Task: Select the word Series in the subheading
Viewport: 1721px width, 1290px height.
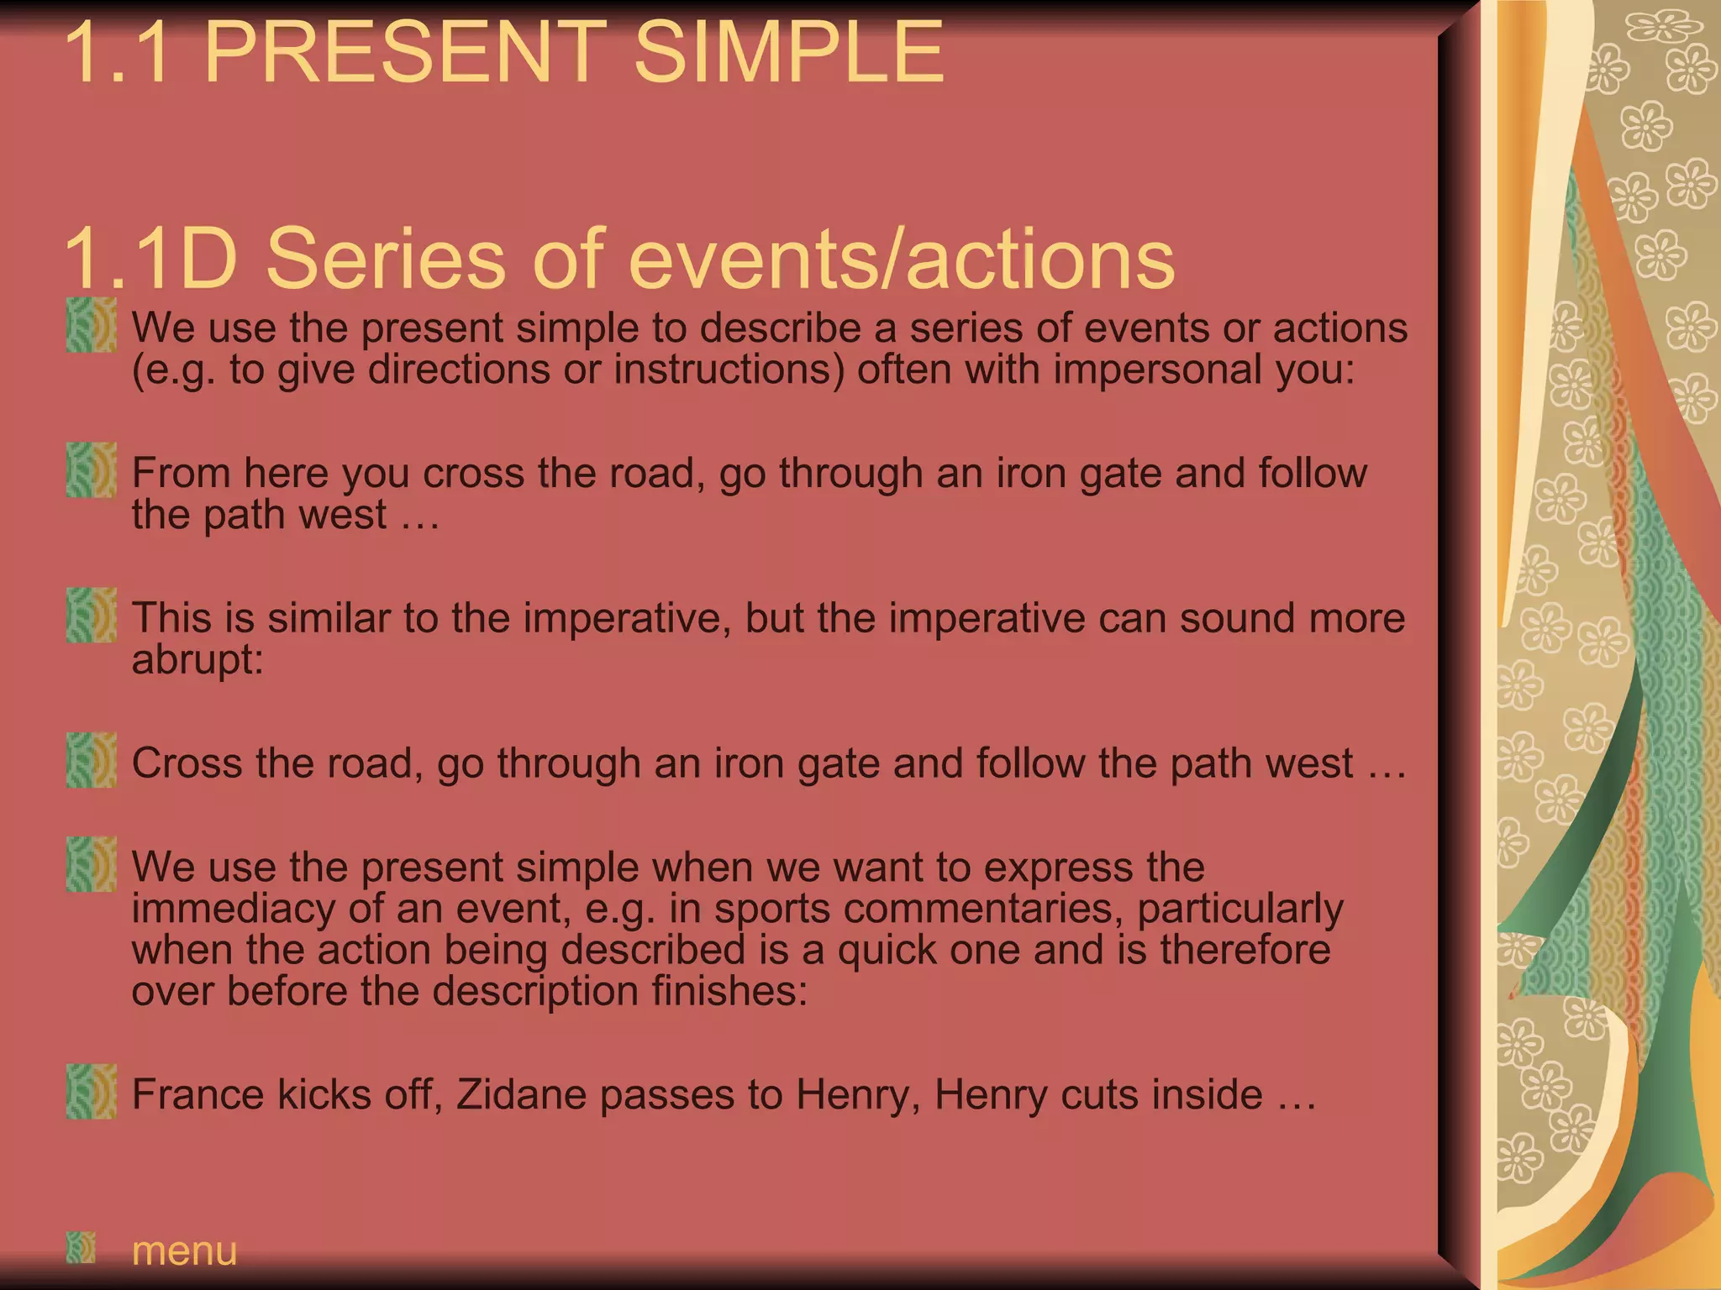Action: tap(386, 259)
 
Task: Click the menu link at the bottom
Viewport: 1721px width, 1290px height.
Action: tap(185, 1251)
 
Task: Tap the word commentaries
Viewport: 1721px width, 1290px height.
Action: tap(955, 909)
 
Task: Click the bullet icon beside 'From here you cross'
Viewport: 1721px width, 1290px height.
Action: tap(92, 470)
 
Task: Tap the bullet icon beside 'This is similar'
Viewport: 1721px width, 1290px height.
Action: tap(92, 616)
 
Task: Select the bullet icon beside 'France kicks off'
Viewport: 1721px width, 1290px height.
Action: tap(92, 1092)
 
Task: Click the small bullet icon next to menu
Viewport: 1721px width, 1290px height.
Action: tap(82, 1248)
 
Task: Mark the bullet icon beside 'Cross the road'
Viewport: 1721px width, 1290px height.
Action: tap(92, 760)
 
